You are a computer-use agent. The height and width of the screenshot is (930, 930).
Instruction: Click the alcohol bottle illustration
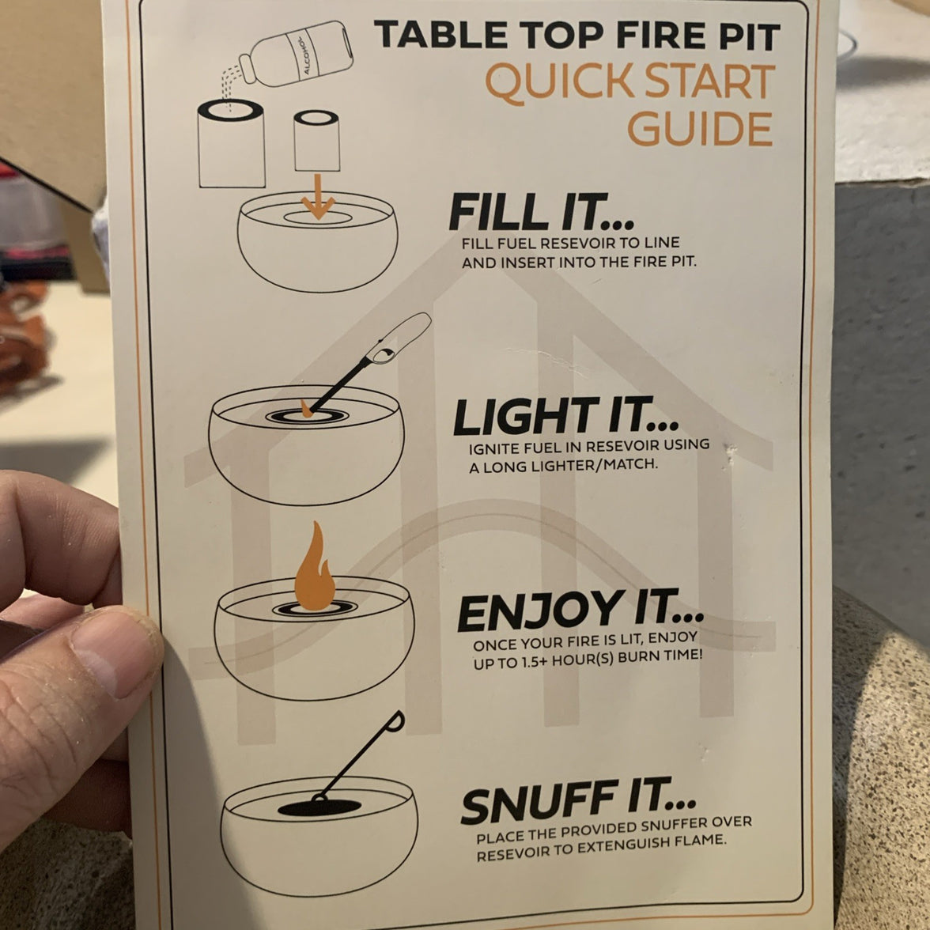[x=295, y=55]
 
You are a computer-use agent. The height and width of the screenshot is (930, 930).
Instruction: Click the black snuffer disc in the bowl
[x=319, y=807]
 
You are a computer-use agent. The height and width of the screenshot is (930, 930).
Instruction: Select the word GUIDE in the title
[x=700, y=129]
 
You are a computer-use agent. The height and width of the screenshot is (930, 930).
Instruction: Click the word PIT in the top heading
[x=749, y=36]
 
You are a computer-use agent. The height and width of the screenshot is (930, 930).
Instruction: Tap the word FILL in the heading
[x=498, y=211]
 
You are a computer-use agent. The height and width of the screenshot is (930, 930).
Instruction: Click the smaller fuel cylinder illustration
[x=316, y=141]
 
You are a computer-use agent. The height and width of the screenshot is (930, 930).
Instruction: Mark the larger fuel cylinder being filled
[x=231, y=143]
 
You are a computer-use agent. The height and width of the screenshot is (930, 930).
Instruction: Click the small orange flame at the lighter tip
[x=306, y=409]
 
